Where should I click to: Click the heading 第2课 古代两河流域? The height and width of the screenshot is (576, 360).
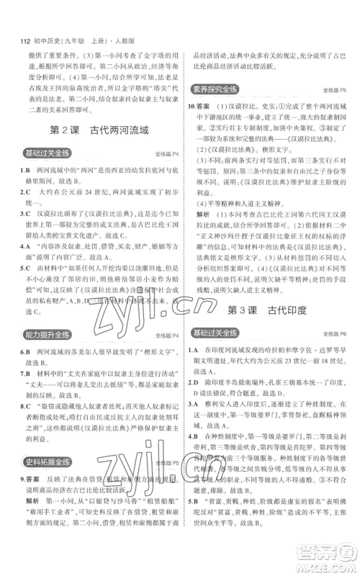[91, 132]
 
